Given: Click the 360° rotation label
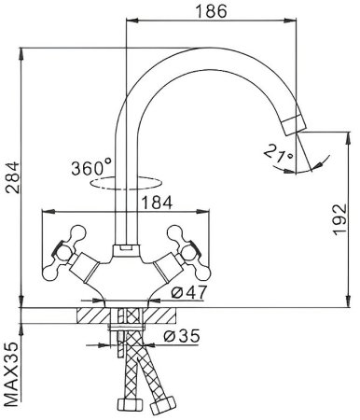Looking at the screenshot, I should tap(90, 169).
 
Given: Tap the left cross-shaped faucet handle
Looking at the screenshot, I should tap(68, 246).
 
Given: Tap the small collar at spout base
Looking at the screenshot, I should tap(123, 250).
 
